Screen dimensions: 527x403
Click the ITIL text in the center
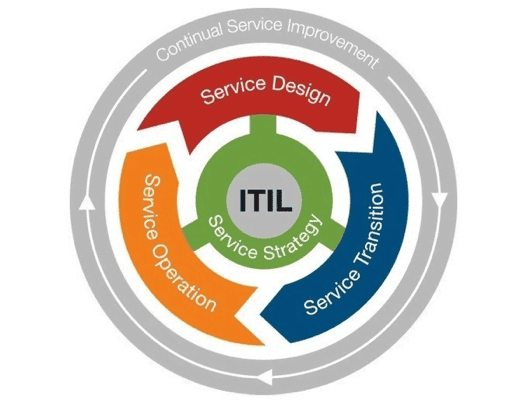[265, 201]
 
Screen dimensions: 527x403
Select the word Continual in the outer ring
[190, 43]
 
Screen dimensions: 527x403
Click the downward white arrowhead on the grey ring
[439, 201]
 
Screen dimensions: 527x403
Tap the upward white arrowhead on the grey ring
[88, 202]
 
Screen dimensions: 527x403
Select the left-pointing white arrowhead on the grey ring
[267, 377]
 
